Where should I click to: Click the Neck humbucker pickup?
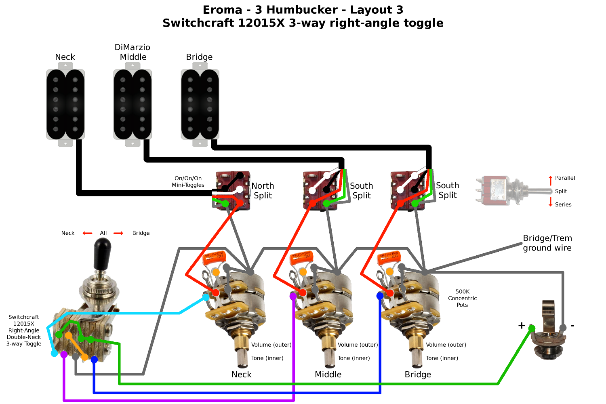(x=65, y=105)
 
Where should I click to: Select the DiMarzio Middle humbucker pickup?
(x=133, y=105)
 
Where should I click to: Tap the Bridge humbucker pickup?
(x=200, y=105)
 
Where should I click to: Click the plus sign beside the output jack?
(x=522, y=325)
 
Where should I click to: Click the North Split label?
(x=263, y=191)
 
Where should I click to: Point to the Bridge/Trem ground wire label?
(x=547, y=243)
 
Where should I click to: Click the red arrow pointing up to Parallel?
(x=550, y=180)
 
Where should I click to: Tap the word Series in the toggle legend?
(x=563, y=204)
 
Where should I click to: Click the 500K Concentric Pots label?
(x=462, y=298)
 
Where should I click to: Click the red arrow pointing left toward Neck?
(x=87, y=233)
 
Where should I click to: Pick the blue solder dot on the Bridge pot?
(x=380, y=296)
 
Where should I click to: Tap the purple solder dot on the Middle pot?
(x=293, y=296)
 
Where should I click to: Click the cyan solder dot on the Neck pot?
(x=206, y=297)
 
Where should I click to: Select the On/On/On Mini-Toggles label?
(x=188, y=181)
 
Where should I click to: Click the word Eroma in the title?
(x=222, y=10)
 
